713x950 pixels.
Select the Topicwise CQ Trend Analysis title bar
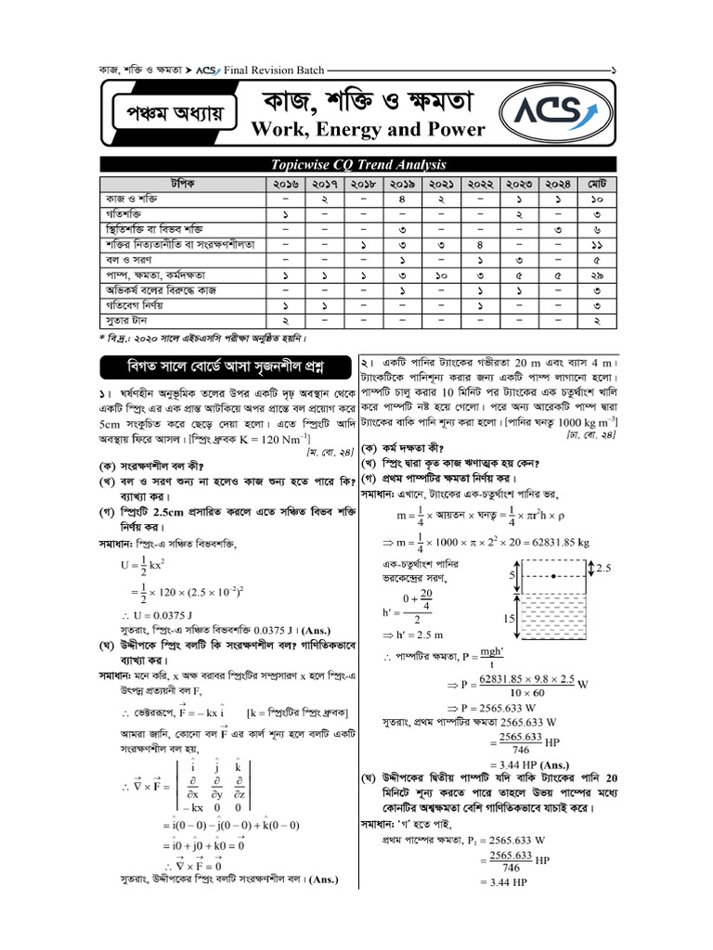[x=357, y=164]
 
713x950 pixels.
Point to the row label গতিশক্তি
[x=122, y=213]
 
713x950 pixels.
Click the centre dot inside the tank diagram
[x=553, y=576]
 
